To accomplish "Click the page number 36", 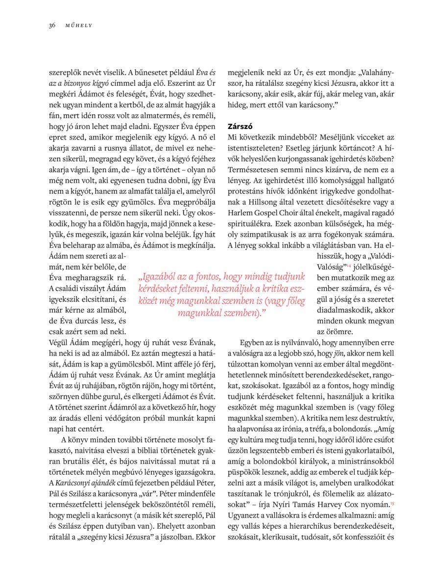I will coord(52,25).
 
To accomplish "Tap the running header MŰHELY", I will coord(79,25).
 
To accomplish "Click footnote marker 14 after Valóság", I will coord(349,266).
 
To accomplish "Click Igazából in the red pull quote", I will coord(158,277).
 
